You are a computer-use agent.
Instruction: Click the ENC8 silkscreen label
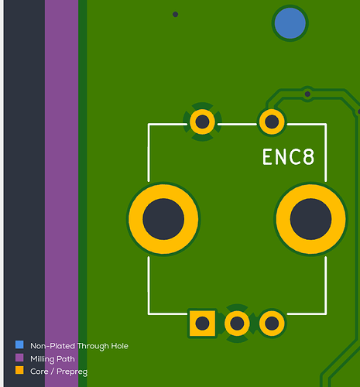[x=288, y=157]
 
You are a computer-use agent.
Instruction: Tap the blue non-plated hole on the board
[x=290, y=23]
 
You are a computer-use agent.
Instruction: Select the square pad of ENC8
[x=202, y=324]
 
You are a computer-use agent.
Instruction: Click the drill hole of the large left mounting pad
[x=163, y=219]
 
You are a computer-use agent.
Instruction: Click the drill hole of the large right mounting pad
[x=310, y=219]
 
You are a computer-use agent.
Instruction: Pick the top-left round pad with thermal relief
[x=202, y=122]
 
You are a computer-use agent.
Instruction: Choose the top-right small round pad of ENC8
[x=272, y=122]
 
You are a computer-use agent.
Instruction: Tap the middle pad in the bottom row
[x=237, y=324]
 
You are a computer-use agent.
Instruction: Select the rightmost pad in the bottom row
[x=272, y=324]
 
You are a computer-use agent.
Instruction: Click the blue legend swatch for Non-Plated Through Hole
[x=19, y=344]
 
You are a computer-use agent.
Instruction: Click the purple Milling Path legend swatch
[x=19, y=358]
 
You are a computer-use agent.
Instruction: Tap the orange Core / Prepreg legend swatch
[x=19, y=370]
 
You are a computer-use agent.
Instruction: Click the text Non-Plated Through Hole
[x=79, y=346]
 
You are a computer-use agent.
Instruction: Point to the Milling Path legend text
[x=53, y=359]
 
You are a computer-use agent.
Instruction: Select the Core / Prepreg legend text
[x=59, y=372]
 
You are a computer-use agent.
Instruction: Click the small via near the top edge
[x=175, y=15]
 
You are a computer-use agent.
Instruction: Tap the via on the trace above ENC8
[x=307, y=94]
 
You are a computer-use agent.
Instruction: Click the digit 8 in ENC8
[x=308, y=157]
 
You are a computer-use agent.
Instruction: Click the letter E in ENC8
[x=267, y=157]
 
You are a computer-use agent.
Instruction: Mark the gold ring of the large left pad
[x=135, y=219]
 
